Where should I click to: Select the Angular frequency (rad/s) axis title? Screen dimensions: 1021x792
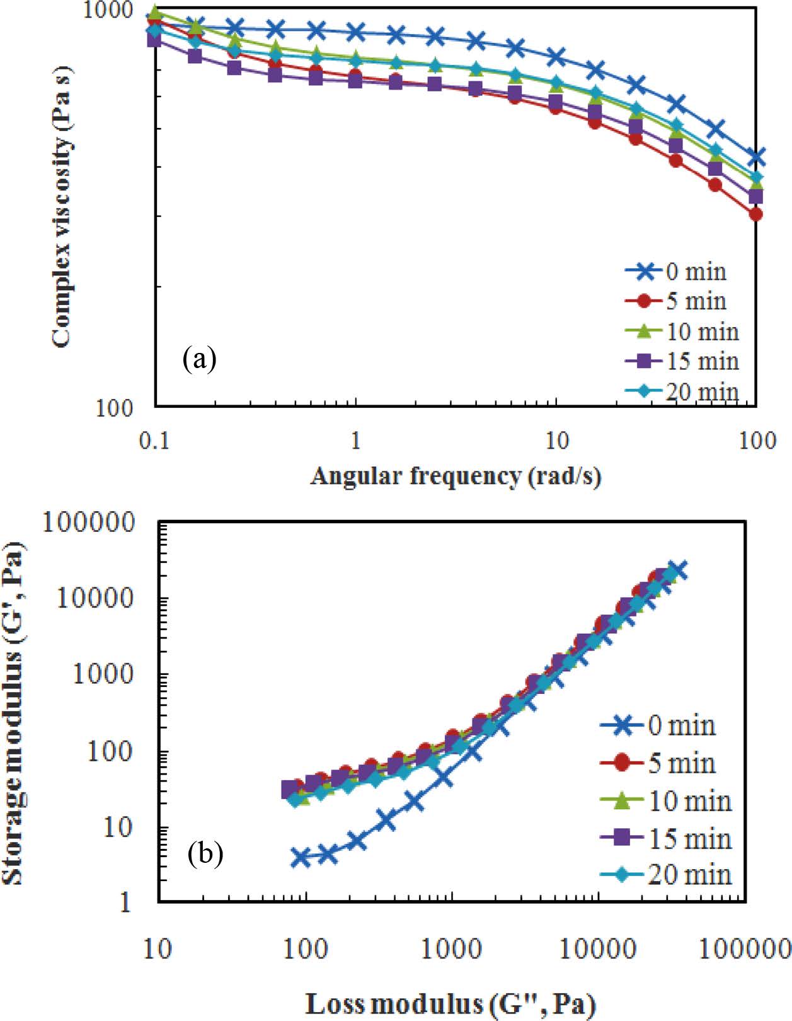click(x=455, y=476)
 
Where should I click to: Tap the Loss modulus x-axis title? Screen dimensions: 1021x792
click(x=451, y=1003)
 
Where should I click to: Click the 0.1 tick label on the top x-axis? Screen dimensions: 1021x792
click(x=154, y=441)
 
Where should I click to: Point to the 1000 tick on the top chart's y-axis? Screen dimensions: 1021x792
click(x=109, y=11)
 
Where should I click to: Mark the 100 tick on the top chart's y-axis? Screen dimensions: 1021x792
click(x=115, y=408)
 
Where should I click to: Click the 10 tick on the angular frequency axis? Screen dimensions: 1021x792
click(x=556, y=441)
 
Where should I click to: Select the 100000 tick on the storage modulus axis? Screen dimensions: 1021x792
click(x=89, y=522)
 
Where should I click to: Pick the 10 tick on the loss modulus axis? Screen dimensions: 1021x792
click(x=157, y=948)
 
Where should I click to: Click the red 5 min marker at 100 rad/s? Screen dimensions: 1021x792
click(x=755, y=214)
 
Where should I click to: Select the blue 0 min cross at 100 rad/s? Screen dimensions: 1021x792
click(x=755, y=156)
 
